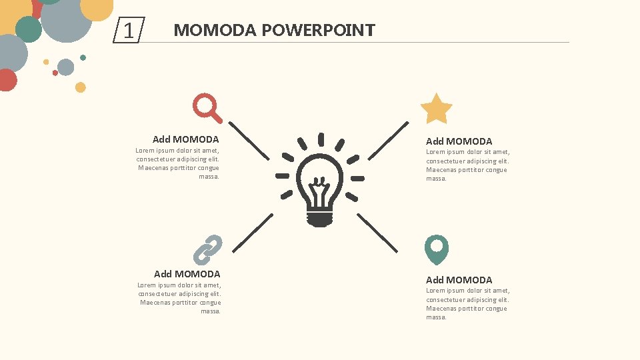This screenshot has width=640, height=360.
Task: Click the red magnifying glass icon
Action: tap(205, 106)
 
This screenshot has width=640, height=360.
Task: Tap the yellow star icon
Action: tap(436, 109)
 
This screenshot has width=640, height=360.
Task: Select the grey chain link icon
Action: tap(207, 249)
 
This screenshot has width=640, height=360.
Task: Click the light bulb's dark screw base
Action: tap(320, 218)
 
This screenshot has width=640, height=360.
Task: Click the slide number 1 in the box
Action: tap(129, 31)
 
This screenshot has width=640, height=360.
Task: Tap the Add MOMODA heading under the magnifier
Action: tap(185, 139)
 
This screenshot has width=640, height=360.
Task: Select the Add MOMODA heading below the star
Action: tap(459, 141)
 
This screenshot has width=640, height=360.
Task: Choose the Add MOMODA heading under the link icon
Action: tap(187, 274)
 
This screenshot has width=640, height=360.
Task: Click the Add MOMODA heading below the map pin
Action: tap(459, 280)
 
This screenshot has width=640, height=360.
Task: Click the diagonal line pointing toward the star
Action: tap(388, 140)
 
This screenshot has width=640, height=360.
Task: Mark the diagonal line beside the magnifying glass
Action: tap(249, 140)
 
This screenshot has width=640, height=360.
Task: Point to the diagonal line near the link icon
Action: tap(253, 233)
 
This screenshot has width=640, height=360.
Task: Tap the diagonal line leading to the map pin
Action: tap(377, 233)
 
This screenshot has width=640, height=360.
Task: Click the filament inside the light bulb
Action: tap(320, 187)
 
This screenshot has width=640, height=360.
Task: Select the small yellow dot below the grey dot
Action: tap(81, 87)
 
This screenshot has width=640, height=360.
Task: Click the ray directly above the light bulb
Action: tap(321, 139)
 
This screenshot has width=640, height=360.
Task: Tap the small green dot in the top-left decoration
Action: tap(83, 57)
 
